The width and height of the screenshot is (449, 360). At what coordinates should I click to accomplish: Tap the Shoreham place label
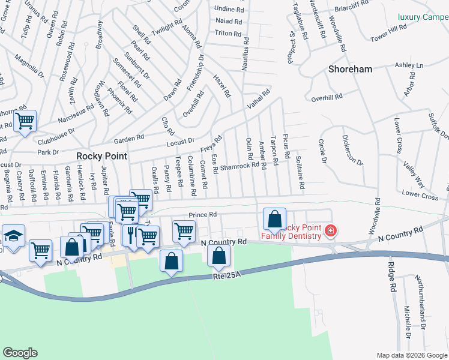(351, 69)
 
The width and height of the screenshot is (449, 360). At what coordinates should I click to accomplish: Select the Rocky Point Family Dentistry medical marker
(330, 231)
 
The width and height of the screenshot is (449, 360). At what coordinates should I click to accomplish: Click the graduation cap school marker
(13, 237)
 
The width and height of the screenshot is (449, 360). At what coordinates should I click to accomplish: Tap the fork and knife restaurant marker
(130, 234)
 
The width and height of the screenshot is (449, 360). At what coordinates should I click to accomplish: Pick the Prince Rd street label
(202, 214)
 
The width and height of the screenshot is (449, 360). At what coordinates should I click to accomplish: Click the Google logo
(20, 353)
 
